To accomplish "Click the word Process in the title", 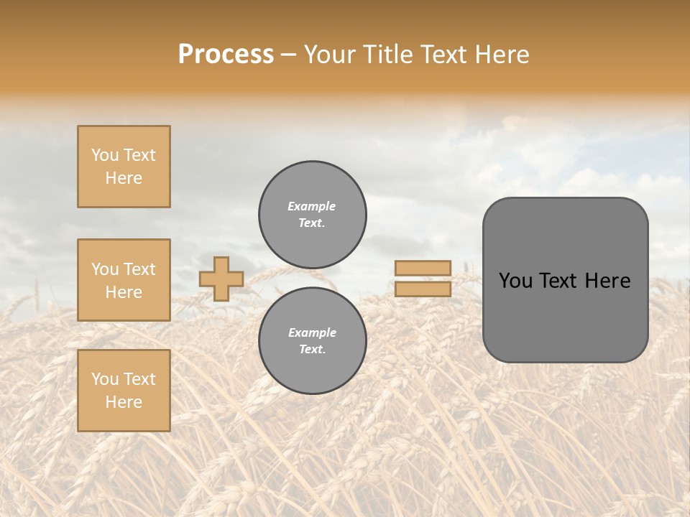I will [226, 54].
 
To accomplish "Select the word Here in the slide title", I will [501, 54].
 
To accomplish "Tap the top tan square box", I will [124, 167].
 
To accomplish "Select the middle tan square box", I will [124, 280].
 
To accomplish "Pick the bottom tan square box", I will [124, 390].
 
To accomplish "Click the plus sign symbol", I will [221, 279].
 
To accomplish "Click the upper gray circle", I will [312, 214].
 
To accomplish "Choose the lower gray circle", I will [312, 340].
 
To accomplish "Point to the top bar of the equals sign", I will [423, 268].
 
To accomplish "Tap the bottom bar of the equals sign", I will [423, 289].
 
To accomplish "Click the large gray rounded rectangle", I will [565, 323].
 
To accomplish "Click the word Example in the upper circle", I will [312, 206].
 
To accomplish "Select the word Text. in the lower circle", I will [312, 349].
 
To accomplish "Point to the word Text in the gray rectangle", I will [560, 281].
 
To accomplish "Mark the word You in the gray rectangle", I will [515, 281].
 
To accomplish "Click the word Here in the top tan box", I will [124, 178].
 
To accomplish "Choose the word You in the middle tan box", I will [104, 269].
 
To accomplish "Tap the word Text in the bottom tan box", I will [139, 379].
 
